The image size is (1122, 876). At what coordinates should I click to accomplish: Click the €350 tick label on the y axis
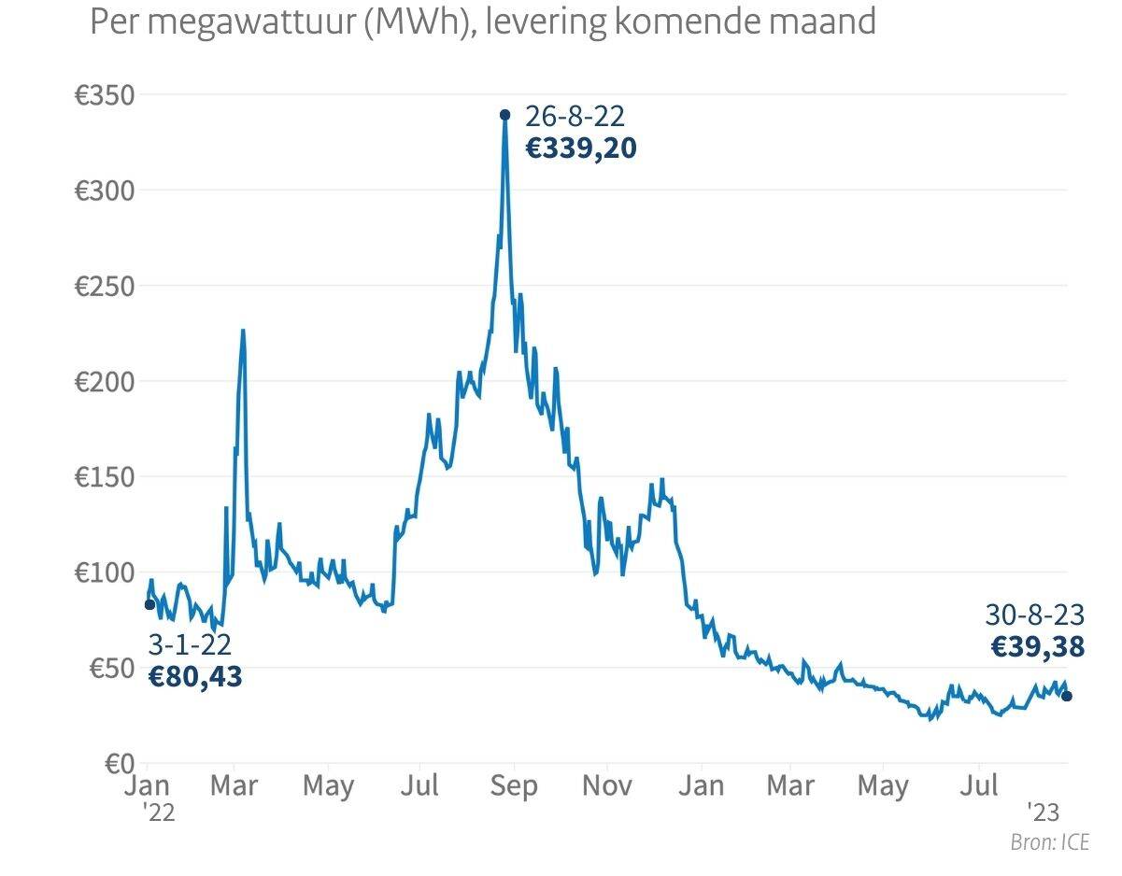(105, 95)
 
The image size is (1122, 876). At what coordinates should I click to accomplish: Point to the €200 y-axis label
(105, 382)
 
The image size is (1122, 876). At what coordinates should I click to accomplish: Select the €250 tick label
(105, 287)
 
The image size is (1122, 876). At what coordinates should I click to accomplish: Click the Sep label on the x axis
(513, 786)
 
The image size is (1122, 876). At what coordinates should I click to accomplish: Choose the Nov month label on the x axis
(606, 786)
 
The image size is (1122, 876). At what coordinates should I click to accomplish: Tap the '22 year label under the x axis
(160, 812)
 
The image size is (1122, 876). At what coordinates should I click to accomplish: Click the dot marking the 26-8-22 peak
(505, 115)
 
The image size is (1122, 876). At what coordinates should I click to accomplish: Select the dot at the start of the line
(149, 604)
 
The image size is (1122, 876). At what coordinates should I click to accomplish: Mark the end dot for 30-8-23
(1067, 696)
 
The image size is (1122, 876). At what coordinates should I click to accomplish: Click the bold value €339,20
(580, 148)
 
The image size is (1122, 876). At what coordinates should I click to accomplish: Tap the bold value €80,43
(195, 676)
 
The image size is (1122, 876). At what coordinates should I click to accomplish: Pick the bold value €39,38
(1037, 646)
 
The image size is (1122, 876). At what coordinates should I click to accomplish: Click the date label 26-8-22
(575, 117)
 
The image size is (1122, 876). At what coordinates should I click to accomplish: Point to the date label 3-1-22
(190, 644)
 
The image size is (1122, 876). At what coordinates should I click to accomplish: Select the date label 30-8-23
(1034, 615)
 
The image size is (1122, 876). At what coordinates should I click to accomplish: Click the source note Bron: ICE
(1050, 843)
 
